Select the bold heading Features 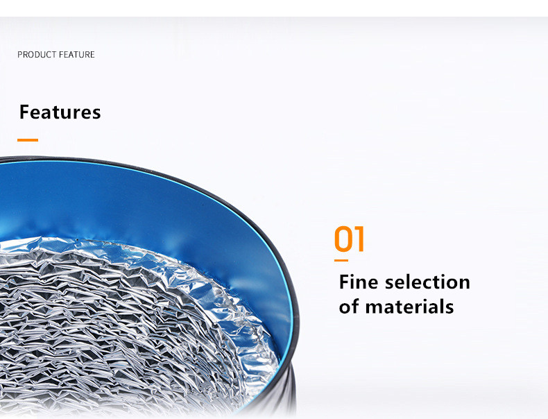(x=60, y=112)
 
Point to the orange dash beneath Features (x=28, y=140)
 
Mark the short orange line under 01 (x=341, y=260)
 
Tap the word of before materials (x=349, y=307)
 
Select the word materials (x=409, y=307)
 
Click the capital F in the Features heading (x=24, y=112)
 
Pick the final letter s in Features (x=97, y=114)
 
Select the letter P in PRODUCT (x=20, y=55)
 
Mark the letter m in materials (x=374, y=308)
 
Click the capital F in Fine (x=344, y=282)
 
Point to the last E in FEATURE (x=92, y=55)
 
